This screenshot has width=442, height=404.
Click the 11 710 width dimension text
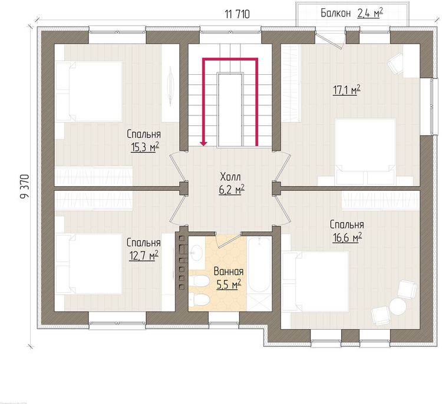point(238,14)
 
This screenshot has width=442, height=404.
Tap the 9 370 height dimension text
point(25,187)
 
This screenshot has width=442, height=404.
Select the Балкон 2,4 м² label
point(352,13)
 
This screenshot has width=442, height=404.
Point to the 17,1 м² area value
point(347,90)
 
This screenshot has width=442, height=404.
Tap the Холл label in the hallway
point(230,177)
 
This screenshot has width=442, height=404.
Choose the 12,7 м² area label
point(143,256)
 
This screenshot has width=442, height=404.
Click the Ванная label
point(229,271)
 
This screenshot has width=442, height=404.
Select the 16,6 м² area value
point(347,238)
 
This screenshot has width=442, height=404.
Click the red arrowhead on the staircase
point(203,143)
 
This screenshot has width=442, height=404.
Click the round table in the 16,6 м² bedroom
point(398,306)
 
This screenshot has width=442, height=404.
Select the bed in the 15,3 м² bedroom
point(89,91)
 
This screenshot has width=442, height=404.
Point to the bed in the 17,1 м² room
point(365,151)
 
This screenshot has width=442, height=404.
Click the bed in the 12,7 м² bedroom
point(89,264)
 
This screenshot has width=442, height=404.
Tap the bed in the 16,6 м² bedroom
point(316,282)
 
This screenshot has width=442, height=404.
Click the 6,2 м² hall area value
point(232,190)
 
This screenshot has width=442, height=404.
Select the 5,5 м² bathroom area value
point(229,284)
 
